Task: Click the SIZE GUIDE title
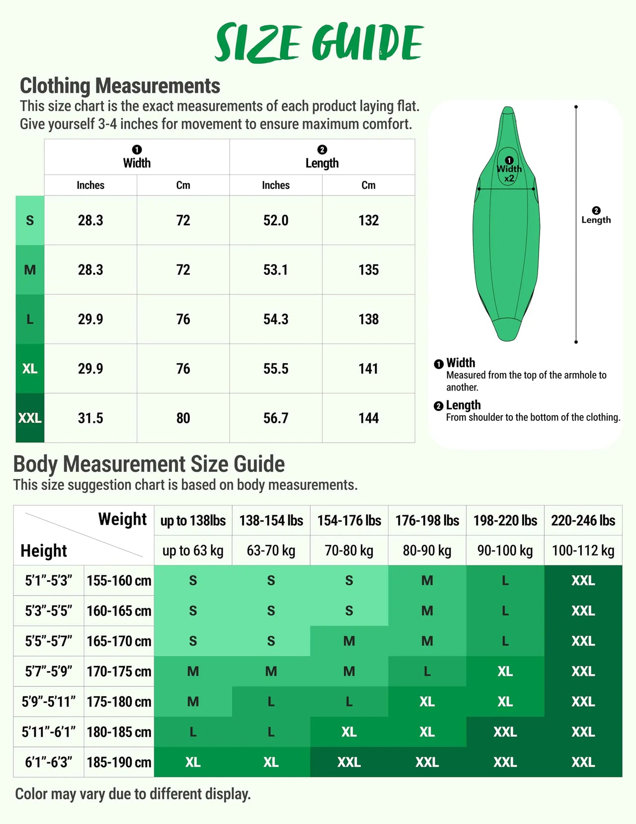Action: click(x=318, y=43)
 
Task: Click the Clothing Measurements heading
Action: click(x=120, y=86)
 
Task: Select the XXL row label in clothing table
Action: click(x=30, y=418)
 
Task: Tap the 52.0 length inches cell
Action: click(x=276, y=220)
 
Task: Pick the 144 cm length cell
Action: click(x=368, y=418)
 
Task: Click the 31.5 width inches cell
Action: click(x=90, y=418)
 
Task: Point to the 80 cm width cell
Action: click(x=183, y=418)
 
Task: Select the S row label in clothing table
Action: click(x=30, y=220)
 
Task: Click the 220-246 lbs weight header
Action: click(x=583, y=521)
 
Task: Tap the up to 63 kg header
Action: click(x=193, y=550)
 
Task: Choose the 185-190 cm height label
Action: click(x=119, y=762)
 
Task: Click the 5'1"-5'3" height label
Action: click(x=49, y=580)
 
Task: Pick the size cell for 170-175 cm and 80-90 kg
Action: click(x=427, y=671)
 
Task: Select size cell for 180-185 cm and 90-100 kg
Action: click(x=505, y=732)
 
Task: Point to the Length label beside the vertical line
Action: click(x=596, y=219)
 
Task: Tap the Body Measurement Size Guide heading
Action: click(x=149, y=464)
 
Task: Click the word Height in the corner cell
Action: click(x=44, y=551)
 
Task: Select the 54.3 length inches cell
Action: click(x=276, y=319)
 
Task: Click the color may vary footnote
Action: click(x=133, y=794)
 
